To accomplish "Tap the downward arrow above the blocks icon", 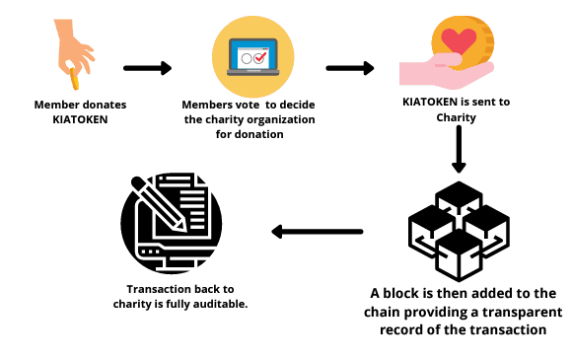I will (x=457, y=154).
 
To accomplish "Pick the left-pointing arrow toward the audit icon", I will (x=317, y=232).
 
